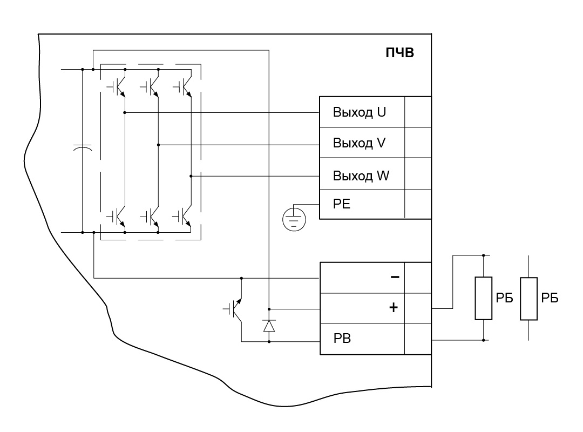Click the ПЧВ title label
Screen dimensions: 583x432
[x=399, y=53]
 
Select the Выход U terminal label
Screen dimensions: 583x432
[x=359, y=112]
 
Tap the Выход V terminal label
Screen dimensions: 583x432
[x=359, y=143]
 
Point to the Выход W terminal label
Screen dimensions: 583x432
[x=361, y=175]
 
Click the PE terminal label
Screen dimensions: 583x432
[x=342, y=204]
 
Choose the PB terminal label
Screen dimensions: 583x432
[x=342, y=339]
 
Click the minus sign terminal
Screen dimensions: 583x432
[x=395, y=277]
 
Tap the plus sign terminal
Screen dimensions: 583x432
[x=394, y=307]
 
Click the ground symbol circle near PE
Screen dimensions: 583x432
[x=294, y=220]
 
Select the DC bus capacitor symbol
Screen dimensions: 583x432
[x=82, y=147]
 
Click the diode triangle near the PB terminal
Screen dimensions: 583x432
[x=269, y=326]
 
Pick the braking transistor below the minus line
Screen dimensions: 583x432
[x=234, y=308]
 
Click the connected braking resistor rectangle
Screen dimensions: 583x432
[x=483, y=298]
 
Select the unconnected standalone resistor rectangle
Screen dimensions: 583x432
[x=528, y=299]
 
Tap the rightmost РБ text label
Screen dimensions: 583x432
[x=550, y=298]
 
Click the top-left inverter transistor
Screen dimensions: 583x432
[x=117, y=87]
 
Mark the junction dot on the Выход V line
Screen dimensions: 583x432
[x=158, y=145]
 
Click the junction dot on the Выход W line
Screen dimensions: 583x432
[x=191, y=176]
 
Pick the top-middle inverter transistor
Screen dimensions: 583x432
[x=150, y=87]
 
